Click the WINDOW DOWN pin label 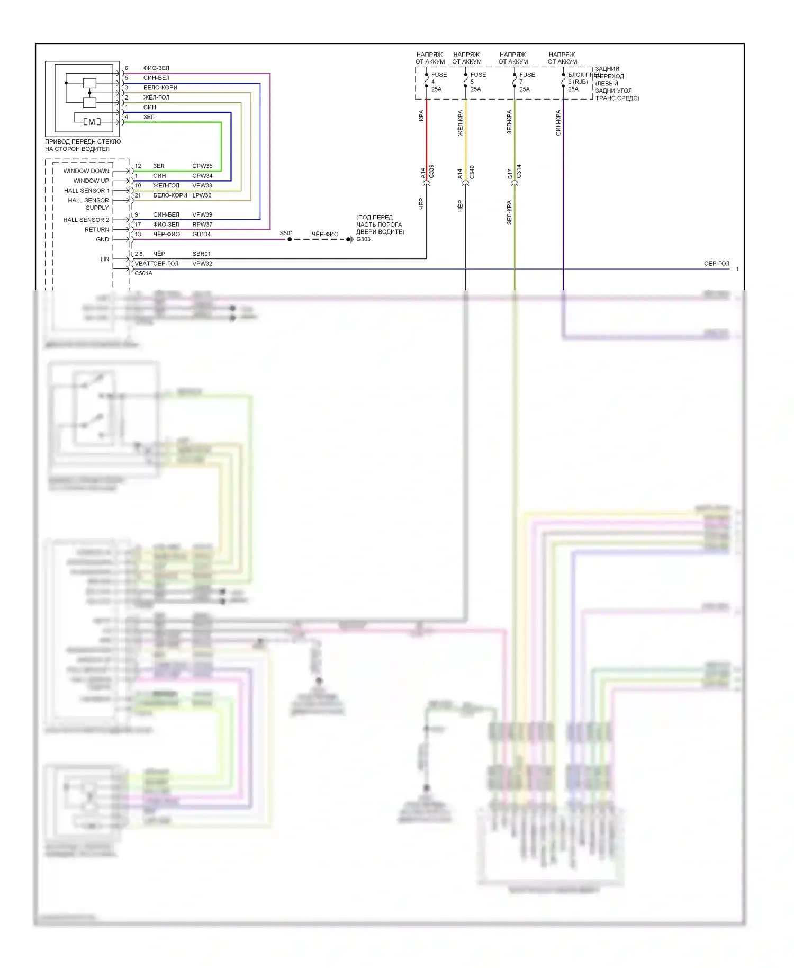click(86, 171)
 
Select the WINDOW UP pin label click(91, 181)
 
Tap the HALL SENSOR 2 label click(86, 220)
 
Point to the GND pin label click(102, 239)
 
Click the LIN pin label click(105, 259)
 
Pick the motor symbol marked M click(92, 122)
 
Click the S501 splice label click(286, 233)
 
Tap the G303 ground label click(364, 239)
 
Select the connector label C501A click(143, 273)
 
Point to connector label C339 click(431, 172)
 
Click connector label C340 click(472, 172)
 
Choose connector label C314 click(519, 172)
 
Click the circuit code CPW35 click(202, 166)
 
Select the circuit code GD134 click(201, 234)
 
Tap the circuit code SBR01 click(201, 254)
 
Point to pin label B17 click(510, 174)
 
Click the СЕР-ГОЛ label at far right click(716, 263)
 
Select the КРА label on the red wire click(421, 115)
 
